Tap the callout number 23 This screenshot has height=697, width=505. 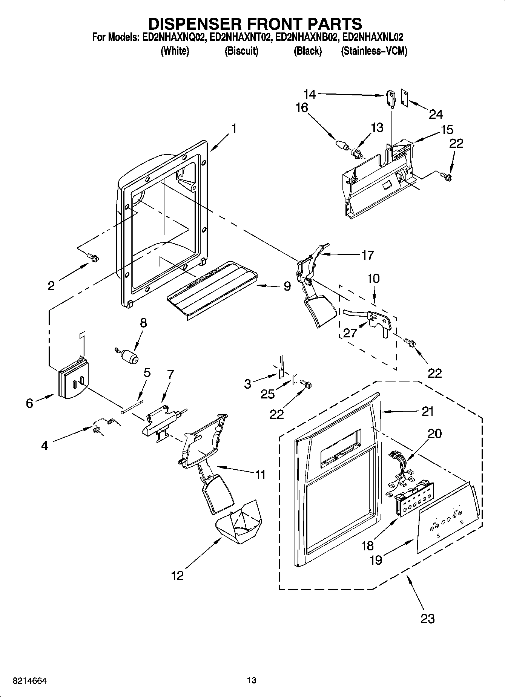pyautogui.click(x=427, y=618)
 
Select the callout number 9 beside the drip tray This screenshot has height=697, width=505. pyautogui.click(x=287, y=286)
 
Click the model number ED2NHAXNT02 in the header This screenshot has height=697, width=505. pyautogui.click(x=241, y=37)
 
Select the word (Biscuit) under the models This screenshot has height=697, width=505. pyautogui.click(x=241, y=51)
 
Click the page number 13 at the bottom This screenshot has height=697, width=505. pyautogui.click(x=252, y=680)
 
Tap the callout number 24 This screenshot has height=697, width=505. pyautogui.click(x=436, y=114)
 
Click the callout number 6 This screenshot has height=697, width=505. pyautogui.click(x=29, y=403)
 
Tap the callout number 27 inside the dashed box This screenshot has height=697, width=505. pyautogui.click(x=350, y=332)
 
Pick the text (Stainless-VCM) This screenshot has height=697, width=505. pyautogui.click(x=374, y=51)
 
